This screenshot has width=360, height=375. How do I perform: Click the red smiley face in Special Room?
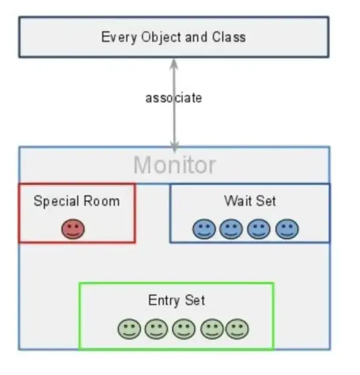(x=73, y=229)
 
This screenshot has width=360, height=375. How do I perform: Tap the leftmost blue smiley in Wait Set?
(x=204, y=229)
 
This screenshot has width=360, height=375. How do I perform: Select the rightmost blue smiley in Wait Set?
(x=287, y=229)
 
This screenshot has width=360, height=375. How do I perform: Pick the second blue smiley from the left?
(x=231, y=229)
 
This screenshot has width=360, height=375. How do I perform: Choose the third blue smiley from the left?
(x=259, y=229)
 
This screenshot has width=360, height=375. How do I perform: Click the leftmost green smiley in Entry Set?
(x=129, y=329)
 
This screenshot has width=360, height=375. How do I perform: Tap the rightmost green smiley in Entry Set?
(x=237, y=329)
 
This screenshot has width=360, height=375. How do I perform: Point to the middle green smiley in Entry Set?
(x=183, y=329)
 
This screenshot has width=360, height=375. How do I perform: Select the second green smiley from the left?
(x=156, y=329)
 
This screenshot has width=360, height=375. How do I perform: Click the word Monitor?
(x=174, y=166)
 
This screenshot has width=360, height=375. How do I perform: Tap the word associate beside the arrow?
(x=173, y=98)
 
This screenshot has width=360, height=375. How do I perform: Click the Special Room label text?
(x=76, y=201)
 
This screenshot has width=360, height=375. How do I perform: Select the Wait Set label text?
(x=250, y=200)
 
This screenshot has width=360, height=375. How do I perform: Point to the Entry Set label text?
(x=176, y=300)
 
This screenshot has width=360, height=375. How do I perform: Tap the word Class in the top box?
(x=229, y=37)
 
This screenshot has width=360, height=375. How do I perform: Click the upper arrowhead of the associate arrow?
(x=174, y=63)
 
